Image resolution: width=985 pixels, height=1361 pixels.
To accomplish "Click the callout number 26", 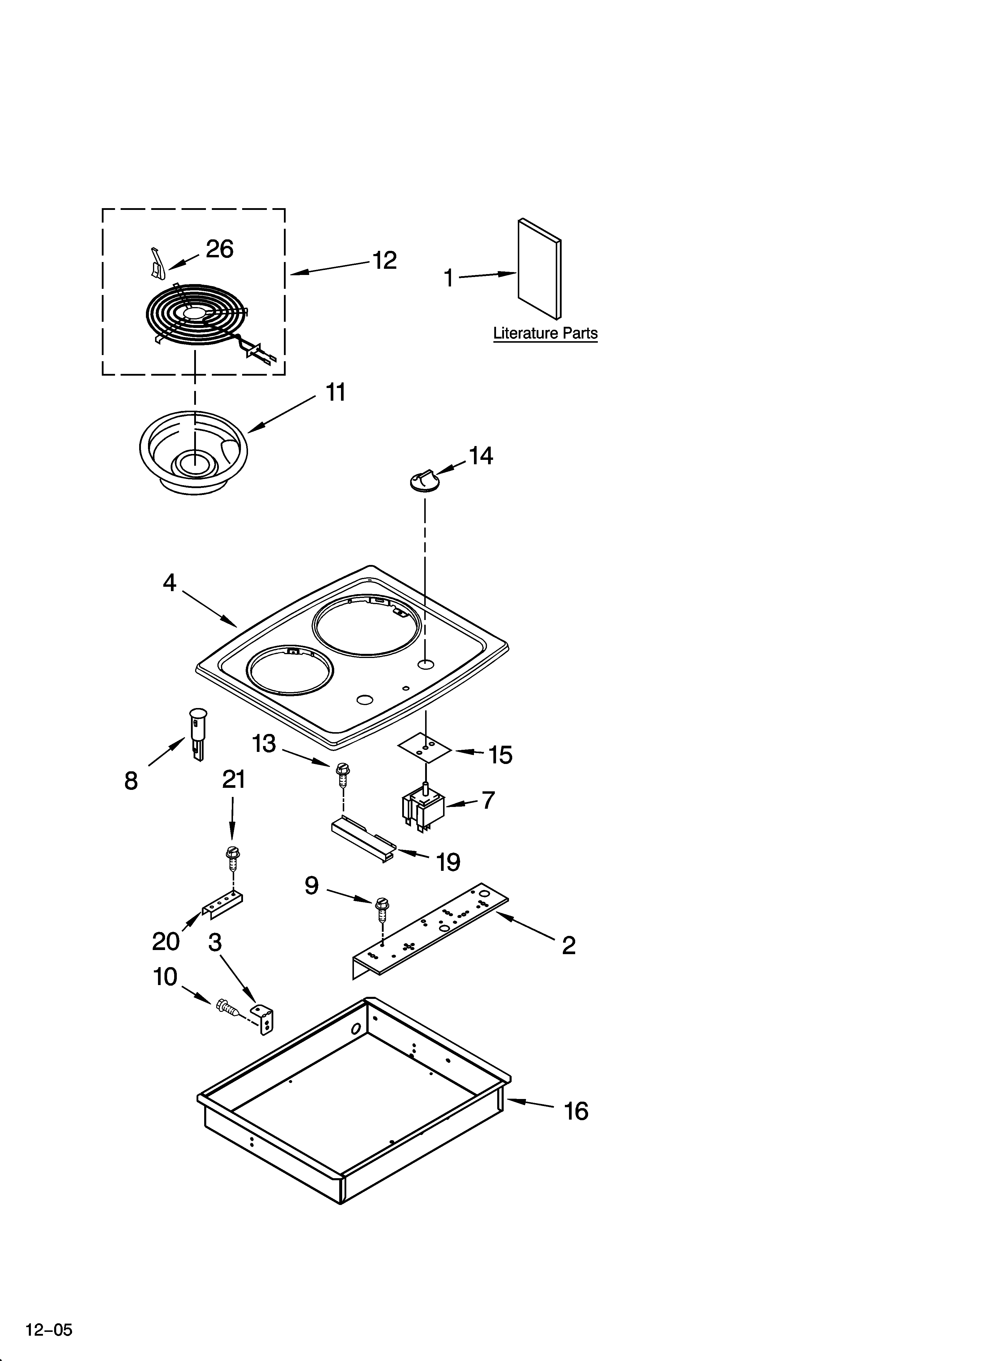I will pyautogui.click(x=219, y=249).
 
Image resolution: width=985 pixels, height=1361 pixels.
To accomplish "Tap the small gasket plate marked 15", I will pyautogui.click(x=425, y=748).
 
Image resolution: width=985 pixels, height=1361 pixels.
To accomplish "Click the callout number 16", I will pyautogui.click(x=576, y=1112).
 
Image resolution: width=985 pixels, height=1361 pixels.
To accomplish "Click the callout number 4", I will pyautogui.click(x=170, y=582).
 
